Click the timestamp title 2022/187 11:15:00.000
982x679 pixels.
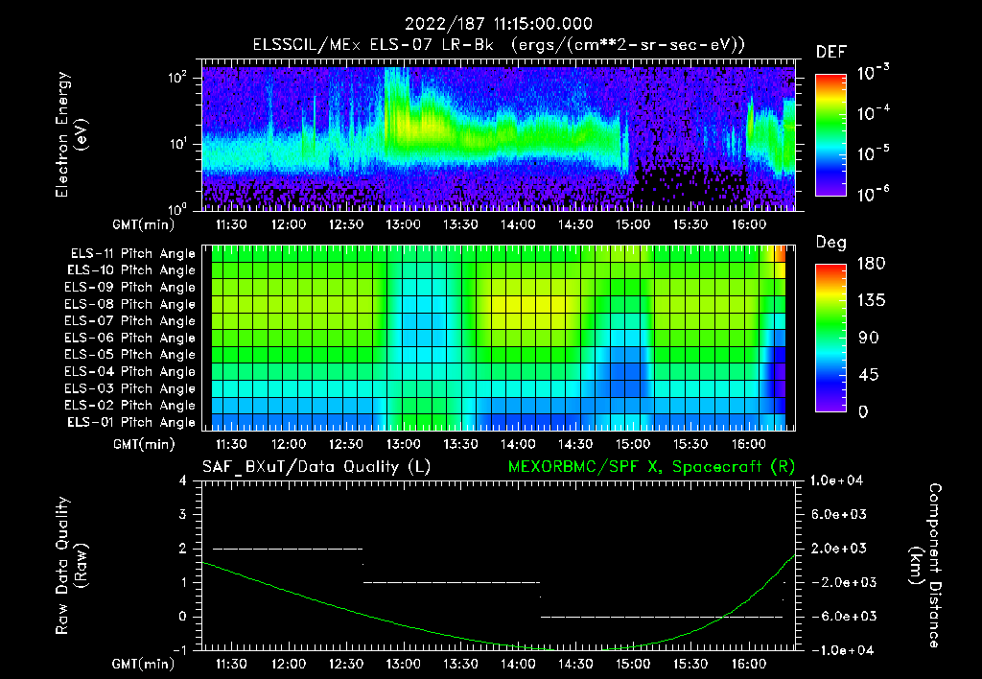click(x=498, y=24)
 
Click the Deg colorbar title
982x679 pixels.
click(x=830, y=243)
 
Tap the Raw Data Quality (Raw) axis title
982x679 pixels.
click(x=71, y=565)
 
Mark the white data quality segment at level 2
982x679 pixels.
click(x=288, y=549)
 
